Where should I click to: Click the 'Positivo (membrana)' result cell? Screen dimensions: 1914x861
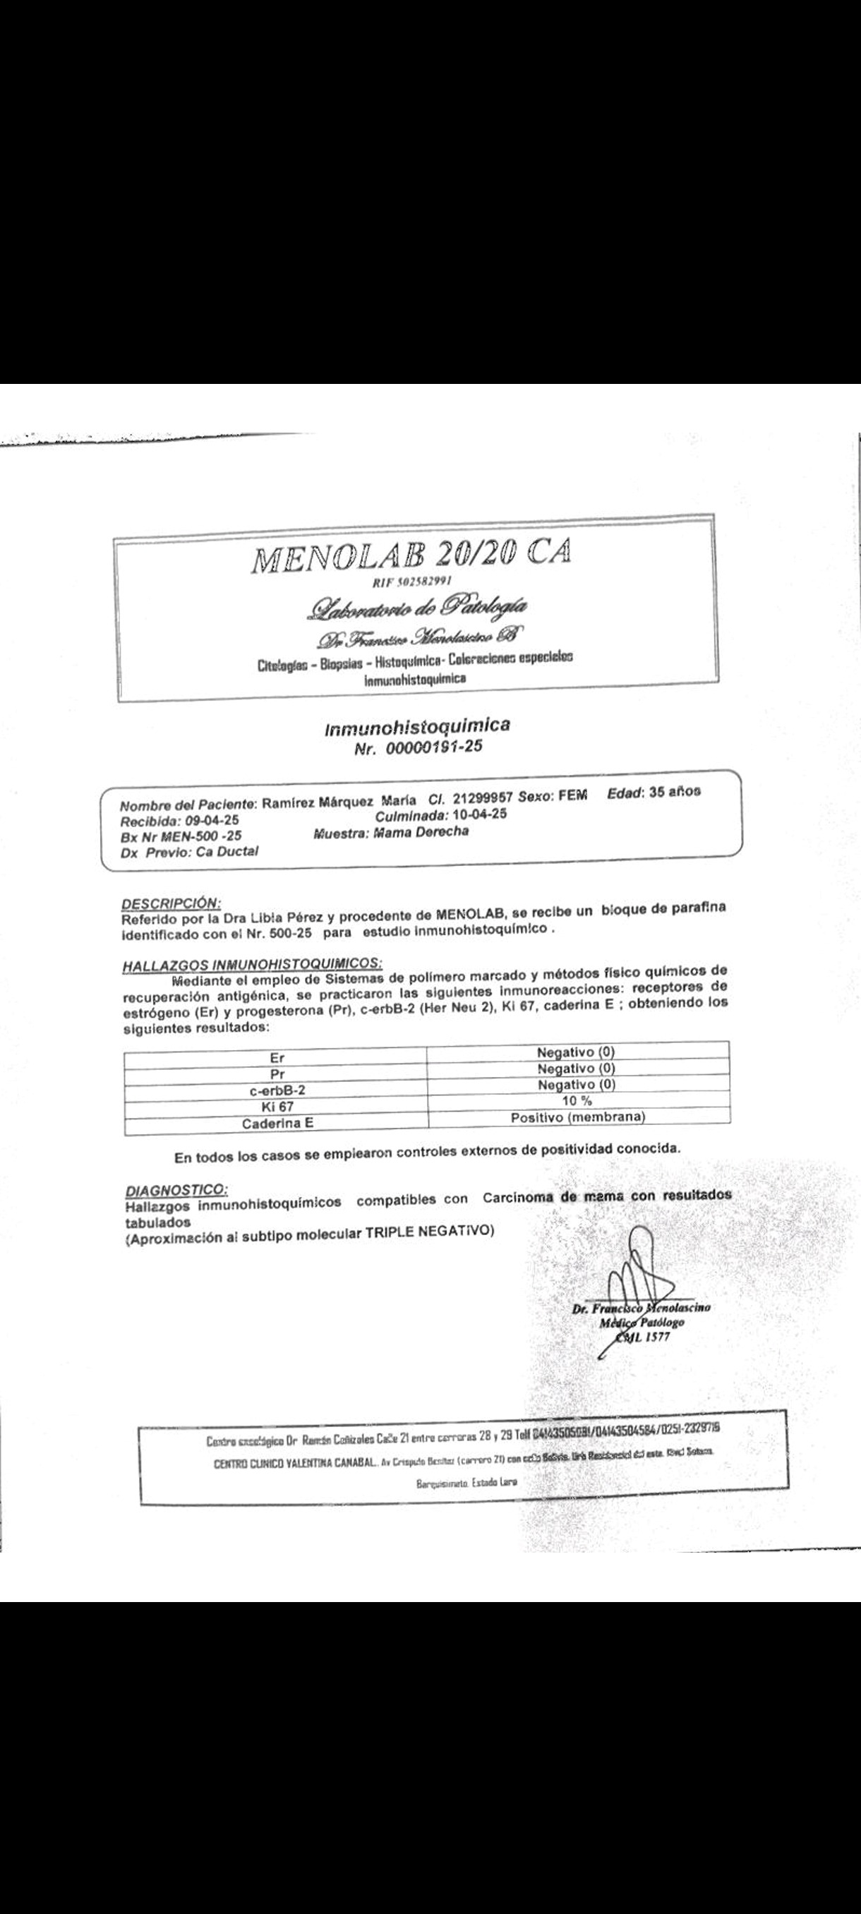(x=577, y=1116)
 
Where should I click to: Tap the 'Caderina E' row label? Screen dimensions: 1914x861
(x=277, y=1124)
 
